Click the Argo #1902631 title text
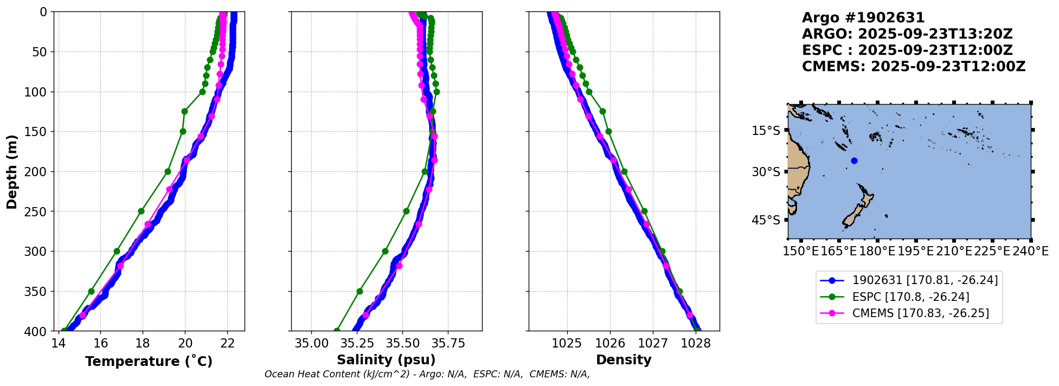click(x=863, y=18)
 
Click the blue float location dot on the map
click(x=854, y=160)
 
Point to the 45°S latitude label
click(x=766, y=220)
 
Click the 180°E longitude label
click(x=877, y=251)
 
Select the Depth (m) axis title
click(x=12, y=171)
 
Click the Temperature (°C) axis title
click(x=149, y=361)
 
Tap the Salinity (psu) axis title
click(x=386, y=360)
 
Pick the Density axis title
click(x=624, y=360)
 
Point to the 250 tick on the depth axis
click(x=39, y=211)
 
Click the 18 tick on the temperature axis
click(x=143, y=343)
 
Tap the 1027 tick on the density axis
click(x=653, y=343)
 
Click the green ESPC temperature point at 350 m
click(x=91, y=291)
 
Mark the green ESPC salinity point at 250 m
click(x=406, y=211)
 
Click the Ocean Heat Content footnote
click(x=427, y=374)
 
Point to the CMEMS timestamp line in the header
click(x=913, y=67)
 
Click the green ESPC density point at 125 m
click(x=602, y=111)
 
